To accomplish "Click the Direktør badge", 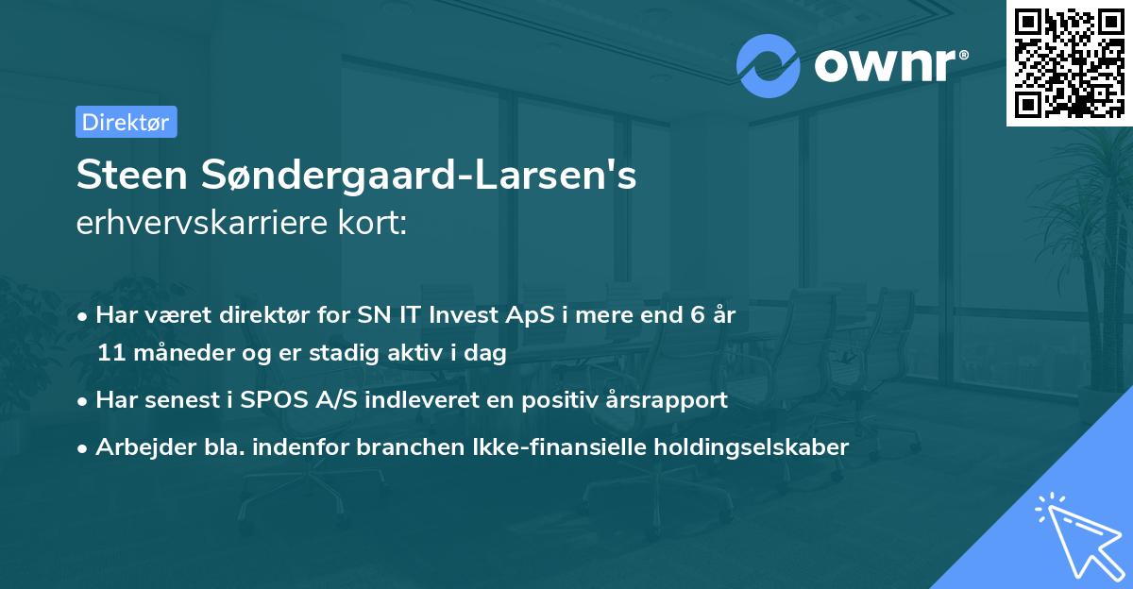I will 126,122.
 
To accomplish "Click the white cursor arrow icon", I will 1076,534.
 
